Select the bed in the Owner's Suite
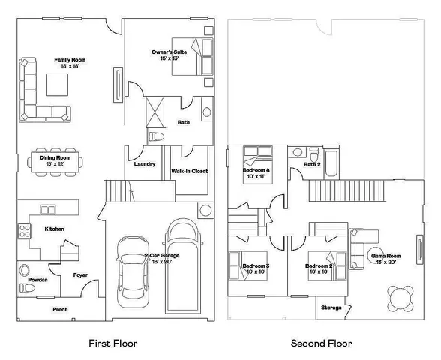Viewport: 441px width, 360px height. [x=187, y=55]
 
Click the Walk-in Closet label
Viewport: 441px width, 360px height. [x=189, y=171]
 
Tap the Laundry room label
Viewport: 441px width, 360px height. [x=144, y=164]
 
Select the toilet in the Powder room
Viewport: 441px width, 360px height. [x=24, y=271]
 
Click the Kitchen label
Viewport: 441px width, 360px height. [x=54, y=229]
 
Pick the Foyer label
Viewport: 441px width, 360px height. [x=80, y=275]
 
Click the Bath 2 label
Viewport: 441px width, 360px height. [x=312, y=164]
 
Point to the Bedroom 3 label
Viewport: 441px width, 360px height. [x=256, y=266]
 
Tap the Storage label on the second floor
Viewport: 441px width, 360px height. [x=331, y=307]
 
